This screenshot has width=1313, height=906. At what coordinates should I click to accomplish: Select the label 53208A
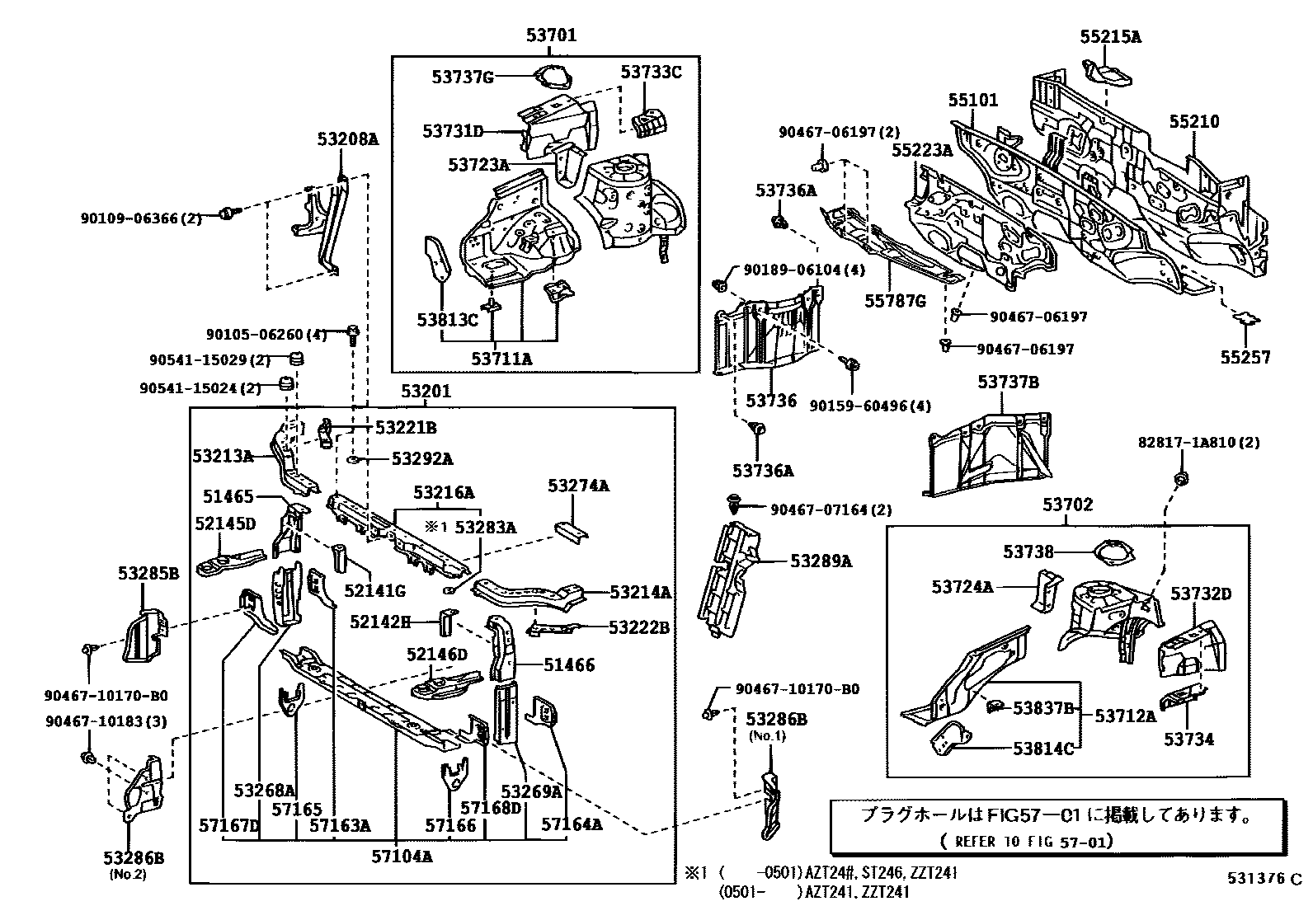(x=347, y=139)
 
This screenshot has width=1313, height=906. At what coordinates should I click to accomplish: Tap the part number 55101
(x=972, y=100)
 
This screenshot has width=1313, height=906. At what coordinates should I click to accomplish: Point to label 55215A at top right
(x=1110, y=36)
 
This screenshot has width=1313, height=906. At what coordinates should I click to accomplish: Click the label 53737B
(x=1008, y=382)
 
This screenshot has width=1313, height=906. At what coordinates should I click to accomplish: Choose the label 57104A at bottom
(x=402, y=857)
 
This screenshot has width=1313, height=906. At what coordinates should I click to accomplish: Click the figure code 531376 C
(x=1261, y=879)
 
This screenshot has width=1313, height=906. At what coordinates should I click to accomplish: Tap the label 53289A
(x=821, y=561)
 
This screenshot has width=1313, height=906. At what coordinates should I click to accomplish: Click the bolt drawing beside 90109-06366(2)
(x=228, y=214)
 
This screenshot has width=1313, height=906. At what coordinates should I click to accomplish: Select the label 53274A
(x=578, y=486)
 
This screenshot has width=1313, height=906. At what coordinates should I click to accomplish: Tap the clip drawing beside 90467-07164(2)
(x=734, y=500)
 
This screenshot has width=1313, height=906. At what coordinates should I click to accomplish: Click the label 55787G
(x=896, y=301)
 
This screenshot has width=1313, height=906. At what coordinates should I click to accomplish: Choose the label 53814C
(x=1043, y=749)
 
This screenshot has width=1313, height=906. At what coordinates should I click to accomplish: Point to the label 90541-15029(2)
(x=210, y=360)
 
